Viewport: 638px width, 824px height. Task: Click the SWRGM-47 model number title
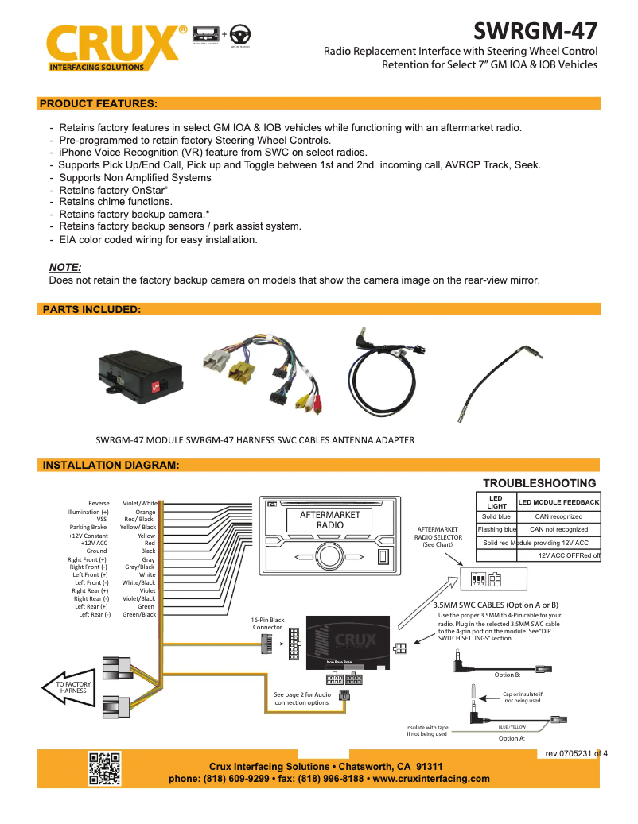tap(535, 31)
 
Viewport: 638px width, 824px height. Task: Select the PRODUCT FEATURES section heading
tap(98, 103)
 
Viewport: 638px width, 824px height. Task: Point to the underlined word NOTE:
tap(65, 267)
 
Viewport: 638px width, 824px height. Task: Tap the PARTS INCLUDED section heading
tap(91, 309)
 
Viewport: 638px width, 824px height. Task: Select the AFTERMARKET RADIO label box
tap(329, 520)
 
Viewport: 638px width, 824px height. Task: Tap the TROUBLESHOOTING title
tap(539, 483)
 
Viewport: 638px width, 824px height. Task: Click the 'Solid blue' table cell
tap(496, 516)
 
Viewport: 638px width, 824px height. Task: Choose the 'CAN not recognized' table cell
tap(558, 529)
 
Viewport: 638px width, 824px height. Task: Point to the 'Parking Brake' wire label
tap(88, 527)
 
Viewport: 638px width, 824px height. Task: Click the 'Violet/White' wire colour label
tap(139, 503)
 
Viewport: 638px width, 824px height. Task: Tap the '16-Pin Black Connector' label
tap(267, 623)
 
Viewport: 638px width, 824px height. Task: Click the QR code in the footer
tap(104, 768)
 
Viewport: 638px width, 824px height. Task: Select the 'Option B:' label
tap(507, 675)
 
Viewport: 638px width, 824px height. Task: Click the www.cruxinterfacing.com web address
tap(430, 779)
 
